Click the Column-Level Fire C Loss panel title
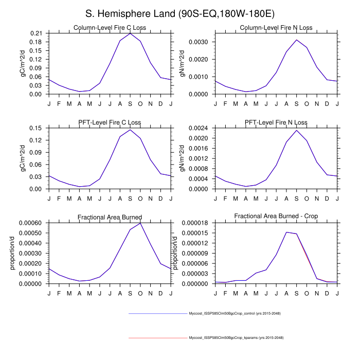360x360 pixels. [x=110, y=28]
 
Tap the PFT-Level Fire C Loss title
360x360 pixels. [x=110, y=122]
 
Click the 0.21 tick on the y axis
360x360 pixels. [x=37, y=33]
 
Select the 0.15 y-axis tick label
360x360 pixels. [x=37, y=128]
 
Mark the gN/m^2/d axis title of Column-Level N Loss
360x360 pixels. [x=183, y=64]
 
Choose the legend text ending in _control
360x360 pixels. [x=235, y=313]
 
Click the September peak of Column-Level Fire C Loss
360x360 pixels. [x=130, y=33]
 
